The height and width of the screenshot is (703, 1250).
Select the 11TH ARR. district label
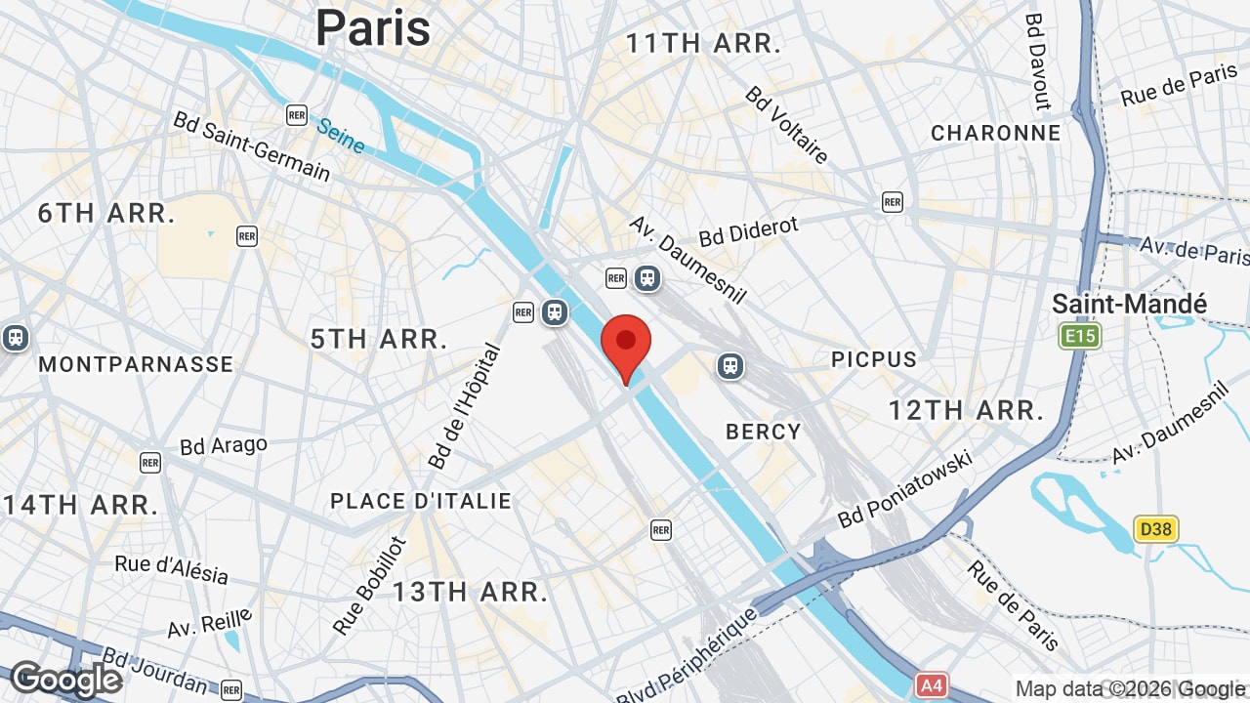703,43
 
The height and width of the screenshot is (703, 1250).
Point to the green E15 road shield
1080,337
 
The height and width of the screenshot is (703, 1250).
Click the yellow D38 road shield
1156,529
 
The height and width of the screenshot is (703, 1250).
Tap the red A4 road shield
932,685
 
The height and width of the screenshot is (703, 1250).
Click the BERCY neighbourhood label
764,432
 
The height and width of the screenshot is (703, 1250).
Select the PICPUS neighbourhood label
874,359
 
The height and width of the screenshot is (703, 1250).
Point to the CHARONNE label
995,133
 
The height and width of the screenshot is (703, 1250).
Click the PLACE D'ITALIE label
421,501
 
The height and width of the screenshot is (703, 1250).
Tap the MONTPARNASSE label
136,364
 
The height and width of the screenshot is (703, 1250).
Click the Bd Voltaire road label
787,124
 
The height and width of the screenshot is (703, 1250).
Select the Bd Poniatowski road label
905,488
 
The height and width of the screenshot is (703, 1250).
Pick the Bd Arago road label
224,446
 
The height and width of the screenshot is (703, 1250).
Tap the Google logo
65,679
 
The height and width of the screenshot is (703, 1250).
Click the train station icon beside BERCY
729,366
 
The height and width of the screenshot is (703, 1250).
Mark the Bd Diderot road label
748,231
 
